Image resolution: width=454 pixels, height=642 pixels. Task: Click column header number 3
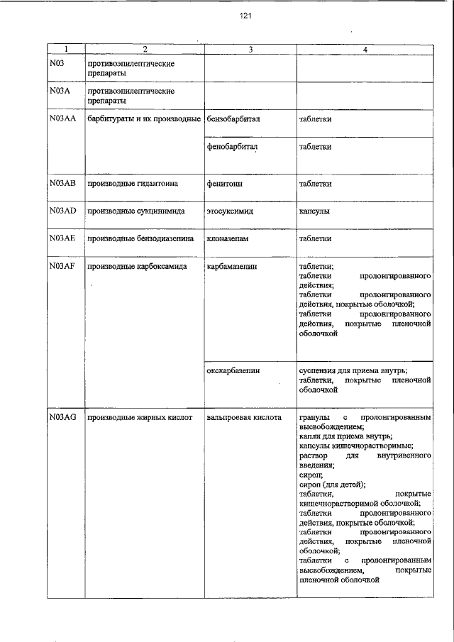pyautogui.click(x=250, y=49)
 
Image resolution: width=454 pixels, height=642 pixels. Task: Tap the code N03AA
pyautogui.click(x=62, y=118)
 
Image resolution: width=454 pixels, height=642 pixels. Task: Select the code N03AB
pyautogui.click(x=62, y=183)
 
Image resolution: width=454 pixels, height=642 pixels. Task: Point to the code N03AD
pyautogui.click(x=62, y=211)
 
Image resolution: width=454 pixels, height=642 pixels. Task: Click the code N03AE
pyautogui.click(x=62, y=239)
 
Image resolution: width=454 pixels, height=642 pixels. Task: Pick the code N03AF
pyautogui.click(x=62, y=266)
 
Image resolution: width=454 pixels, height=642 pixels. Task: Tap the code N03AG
pyautogui.click(x=62, y=418)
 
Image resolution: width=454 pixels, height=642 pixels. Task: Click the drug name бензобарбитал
pyautogui.click(x=233, y=119)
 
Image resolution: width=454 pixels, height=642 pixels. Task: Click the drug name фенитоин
pyautogui.click(x=224, y=183)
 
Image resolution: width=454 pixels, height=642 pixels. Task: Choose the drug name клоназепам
pyautogui.click(x=228, y=239)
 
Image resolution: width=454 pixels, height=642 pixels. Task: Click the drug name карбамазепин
pyautogui.click(x=232, y=267)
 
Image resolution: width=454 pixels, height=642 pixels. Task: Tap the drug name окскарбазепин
pyautogui.click(x=233, y=370)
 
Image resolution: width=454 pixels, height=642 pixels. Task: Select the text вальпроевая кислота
pyautogui.click(x=244, y=418)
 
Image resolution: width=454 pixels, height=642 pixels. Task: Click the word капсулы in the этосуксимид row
pyautogui.click(x=314, y=211)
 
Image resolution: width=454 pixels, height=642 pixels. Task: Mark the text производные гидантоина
pyautogui.click(x=132, y=183)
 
